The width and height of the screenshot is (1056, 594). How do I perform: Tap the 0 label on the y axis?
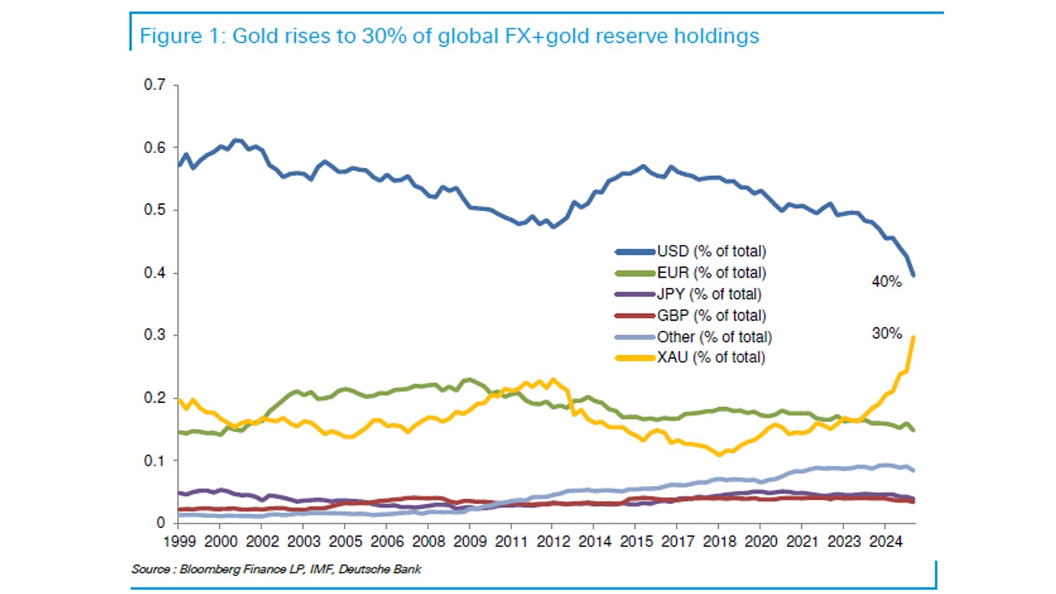click(x=160, y=523)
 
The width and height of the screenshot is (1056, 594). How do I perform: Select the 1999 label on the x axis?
click(x=180, y=542)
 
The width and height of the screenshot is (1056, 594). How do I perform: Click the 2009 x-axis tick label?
click(x=470, y=542)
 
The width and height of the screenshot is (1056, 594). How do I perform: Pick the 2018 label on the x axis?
click(x=719, y=542)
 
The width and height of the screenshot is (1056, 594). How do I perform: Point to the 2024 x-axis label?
click(x=885, y=542)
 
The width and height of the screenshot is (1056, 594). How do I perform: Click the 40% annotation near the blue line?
click(x=886, y=282)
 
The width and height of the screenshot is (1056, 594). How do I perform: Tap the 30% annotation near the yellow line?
click(x=886, y=333)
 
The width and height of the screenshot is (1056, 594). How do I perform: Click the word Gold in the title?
click(x=255, y=36)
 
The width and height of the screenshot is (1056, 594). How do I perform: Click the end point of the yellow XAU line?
click(x=913, y=337)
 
